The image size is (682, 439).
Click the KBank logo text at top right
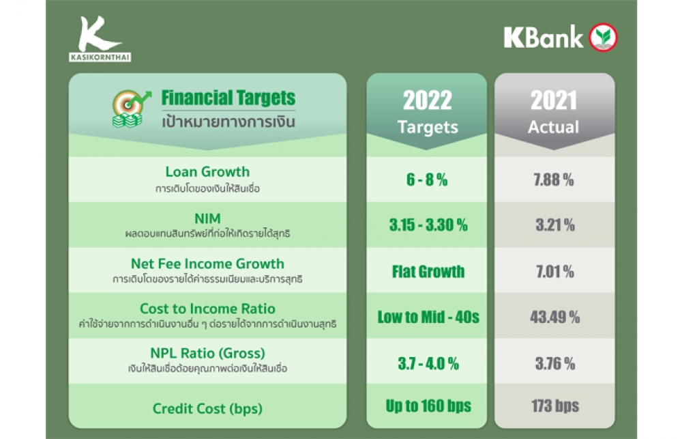pyautogui.click(x=544, y=37)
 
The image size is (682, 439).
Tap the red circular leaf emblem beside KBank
pyautogui.click(x=604, y=37)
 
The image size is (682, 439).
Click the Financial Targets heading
pyautogui.click(x=228, y=98)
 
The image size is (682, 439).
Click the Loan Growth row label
pyautogui.click(x=207, y=171)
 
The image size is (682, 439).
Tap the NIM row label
pyautogui.click(x=207, y=218)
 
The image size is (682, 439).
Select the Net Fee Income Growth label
pyautogui.click(x=207, y=264)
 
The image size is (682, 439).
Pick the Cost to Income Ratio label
pyautogui.click(x=207, y=309)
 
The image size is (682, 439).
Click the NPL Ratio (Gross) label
pyautogui.click(x=207, y=353)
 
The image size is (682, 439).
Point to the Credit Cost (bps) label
pyautogui.click(x=207, y=408)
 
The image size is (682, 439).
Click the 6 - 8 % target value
pyautogui.click(x=427, y=180)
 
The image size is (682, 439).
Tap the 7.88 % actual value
pyautogui.click(x=554, y=180)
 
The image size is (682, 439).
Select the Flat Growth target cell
pyautogui.click(x=428, y=272)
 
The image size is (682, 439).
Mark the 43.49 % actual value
pyautogui.click(x=554, y=317)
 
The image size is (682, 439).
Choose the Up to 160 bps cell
pyautogui.click(x=428, y=406)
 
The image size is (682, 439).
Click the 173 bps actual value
pyautogui.click(x=555, y=406)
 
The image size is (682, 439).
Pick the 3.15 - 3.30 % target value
pyautogui.click(x=428, y=225)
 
